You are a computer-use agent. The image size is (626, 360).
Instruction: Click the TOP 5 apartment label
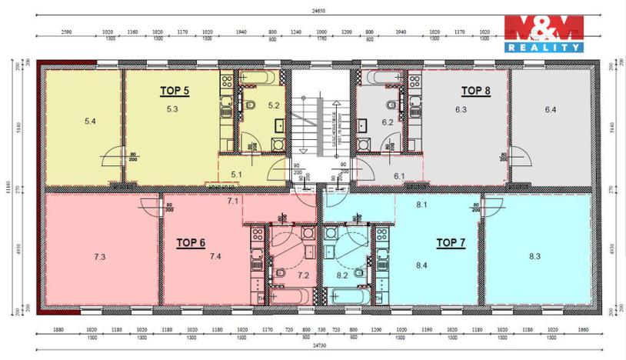point(174,90)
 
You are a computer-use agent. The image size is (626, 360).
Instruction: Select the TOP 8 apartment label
point(475,90)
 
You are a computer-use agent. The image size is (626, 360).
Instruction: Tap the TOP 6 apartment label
point(191,242)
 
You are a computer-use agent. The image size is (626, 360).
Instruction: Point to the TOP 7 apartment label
point(451,242)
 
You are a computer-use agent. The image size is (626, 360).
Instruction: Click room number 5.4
point(90,121)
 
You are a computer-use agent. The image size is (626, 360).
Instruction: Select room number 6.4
point(551,110)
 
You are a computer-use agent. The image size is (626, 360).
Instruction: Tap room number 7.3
point(98,257)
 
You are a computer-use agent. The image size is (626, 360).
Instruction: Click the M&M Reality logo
point(543,35)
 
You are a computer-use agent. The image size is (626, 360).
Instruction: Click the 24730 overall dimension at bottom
point(310,347)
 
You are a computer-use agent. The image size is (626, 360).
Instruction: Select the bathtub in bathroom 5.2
point(255,78)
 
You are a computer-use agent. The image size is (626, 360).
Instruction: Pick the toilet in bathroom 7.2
point(281,273)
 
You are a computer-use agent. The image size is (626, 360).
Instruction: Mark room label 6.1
point(398,176)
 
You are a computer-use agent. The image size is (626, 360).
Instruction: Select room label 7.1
point(234,201)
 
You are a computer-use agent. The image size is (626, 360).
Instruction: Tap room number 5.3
point(172,110)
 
